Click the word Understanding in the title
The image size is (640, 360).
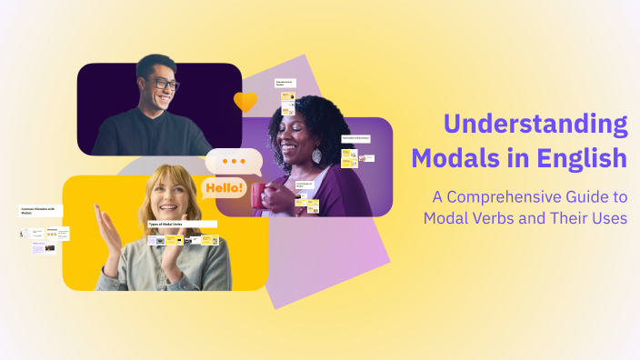tap(535, 125)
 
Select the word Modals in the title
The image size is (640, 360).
tap(455, 157)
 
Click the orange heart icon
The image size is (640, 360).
tap(245, 102)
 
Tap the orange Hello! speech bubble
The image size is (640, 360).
tap(224, 189)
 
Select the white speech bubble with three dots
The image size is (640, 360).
tap(235, 162)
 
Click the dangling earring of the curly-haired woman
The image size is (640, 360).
tap(316, 156)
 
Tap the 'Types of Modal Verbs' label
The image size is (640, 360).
tap(182, 224)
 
